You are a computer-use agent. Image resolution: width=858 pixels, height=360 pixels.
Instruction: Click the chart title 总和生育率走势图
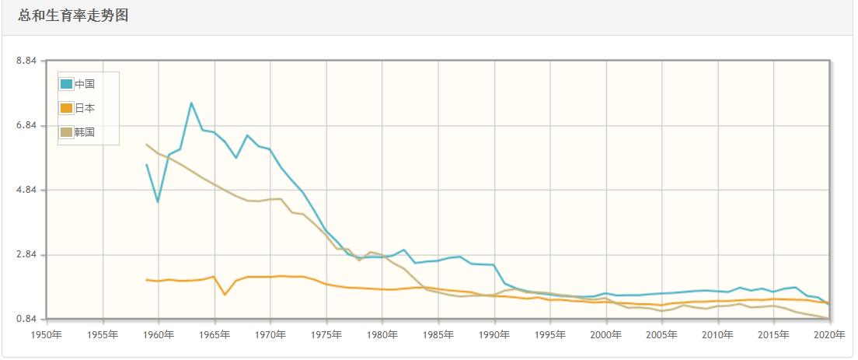[73, 16]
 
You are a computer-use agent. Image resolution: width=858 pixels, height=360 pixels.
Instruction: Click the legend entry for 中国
[85, 84]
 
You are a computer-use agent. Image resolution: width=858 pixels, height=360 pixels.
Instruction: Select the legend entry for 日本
[85, 108]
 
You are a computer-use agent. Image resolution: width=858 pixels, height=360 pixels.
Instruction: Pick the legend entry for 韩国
[85, 132]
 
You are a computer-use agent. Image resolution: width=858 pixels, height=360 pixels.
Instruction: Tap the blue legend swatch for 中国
[67, 84]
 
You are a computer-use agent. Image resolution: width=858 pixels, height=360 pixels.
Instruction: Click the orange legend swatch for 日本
[67, 108]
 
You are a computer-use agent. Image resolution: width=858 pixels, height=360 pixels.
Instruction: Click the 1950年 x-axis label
[47, 334]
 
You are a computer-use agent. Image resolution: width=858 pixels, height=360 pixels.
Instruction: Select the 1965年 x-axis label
[214, 334]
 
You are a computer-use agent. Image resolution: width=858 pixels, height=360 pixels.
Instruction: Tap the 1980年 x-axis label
[382, 334]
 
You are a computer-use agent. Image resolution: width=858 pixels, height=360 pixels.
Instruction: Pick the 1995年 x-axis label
[550, 334]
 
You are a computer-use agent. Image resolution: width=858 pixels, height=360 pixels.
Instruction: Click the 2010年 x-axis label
[718, 334]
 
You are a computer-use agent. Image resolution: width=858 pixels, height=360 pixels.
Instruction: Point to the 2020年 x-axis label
[829, 334]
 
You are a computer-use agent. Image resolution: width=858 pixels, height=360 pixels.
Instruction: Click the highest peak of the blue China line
[191, 103]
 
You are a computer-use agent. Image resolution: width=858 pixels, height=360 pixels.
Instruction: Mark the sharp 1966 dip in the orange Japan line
[225, 294]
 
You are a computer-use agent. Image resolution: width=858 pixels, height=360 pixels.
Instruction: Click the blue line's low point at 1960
[158, 202]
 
